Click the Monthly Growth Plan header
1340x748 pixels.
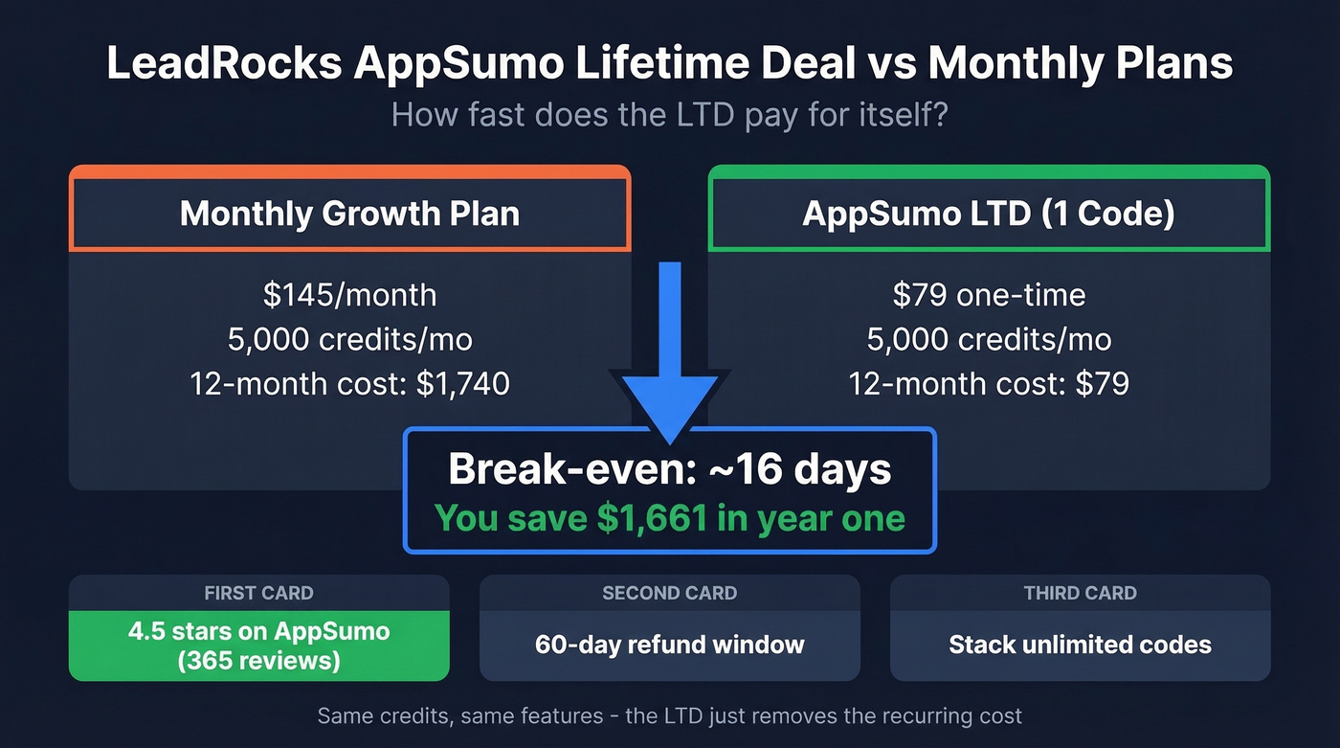(x=349, y=213)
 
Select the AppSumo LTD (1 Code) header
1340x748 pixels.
(x=989, y=213)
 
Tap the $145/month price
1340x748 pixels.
(x=349, y=294)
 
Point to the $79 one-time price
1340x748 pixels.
(x=989, y=294)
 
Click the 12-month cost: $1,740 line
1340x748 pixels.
(x=349, y=384)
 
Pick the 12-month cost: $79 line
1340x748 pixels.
(x=989, y=384)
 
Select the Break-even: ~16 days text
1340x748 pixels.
(x=670, y=469)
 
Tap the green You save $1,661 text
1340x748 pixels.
(x=670, y=518)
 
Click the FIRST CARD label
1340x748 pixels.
(x=258, y=593)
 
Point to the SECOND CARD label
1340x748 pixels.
(x=670, y=593)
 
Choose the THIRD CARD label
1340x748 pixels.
(x=1080, y=593)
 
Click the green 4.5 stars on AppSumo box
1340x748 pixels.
(x=258, y=646)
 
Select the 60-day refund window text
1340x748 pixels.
(x=670, y=645)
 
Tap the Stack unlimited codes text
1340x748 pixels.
(x=1080, y=645)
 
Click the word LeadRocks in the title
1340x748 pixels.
(x=222, y=63)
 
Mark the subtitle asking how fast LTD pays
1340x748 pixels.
(x=670, y=116)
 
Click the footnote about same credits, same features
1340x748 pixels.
(x=670, y=715)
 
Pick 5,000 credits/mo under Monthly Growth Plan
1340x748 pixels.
(x=349, y=339)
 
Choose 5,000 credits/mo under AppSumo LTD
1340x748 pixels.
(x=989, y=339)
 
